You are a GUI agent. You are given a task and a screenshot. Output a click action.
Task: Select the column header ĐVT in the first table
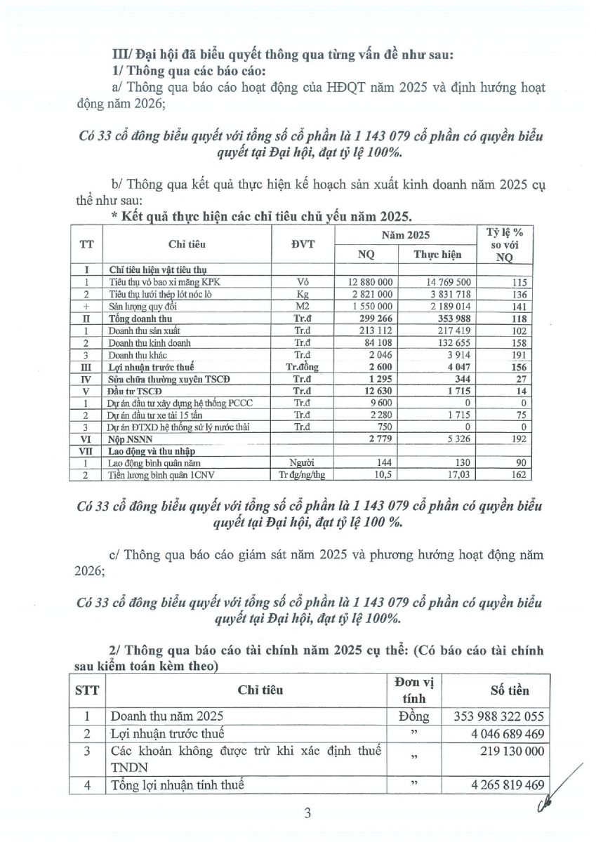click(303, 243)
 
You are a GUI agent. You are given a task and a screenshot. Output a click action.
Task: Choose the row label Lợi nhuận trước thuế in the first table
click(151, 367)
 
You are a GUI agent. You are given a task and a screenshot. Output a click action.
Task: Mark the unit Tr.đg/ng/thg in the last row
click(303, 477)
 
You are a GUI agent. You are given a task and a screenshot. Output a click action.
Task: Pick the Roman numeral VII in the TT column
click(88, 453)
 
